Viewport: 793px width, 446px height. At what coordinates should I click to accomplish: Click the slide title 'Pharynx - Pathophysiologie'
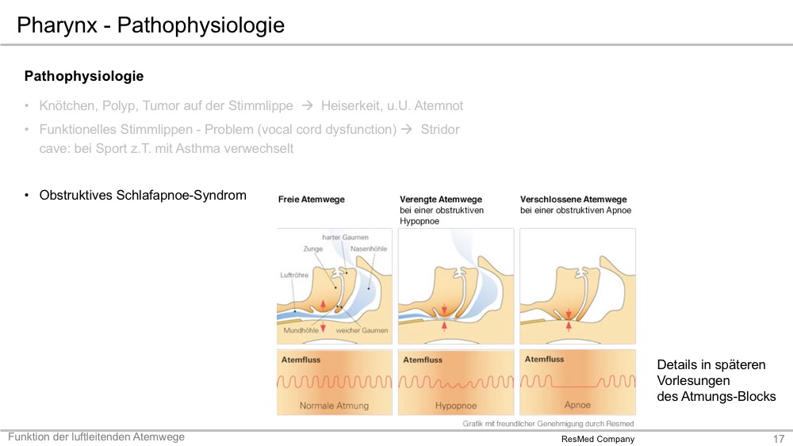151,25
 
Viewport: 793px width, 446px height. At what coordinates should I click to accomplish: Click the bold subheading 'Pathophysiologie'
84,76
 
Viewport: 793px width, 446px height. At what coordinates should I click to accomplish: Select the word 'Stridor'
440,129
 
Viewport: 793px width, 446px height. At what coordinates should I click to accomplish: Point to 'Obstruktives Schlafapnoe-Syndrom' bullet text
143,195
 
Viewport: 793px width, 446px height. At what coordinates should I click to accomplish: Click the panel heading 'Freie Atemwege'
311,200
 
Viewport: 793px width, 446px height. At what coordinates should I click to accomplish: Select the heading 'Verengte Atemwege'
440,200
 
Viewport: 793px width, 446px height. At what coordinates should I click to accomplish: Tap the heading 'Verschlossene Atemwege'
573,200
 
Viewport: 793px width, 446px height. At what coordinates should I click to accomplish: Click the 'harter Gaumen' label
346,237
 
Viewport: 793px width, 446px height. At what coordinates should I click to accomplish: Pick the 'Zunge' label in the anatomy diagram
313,249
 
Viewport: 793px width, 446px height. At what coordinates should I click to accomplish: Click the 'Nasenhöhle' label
369,249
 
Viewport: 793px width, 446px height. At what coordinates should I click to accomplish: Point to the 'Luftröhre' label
294,275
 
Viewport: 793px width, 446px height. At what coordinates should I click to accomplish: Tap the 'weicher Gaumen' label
362,330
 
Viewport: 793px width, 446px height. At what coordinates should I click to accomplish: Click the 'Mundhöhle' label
301,330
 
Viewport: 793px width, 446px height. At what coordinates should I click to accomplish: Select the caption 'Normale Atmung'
335,406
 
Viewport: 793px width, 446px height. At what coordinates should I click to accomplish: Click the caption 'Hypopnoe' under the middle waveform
456,406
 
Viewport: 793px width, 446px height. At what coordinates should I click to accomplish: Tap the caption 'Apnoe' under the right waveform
577,405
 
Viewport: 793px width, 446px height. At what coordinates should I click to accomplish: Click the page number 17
779,439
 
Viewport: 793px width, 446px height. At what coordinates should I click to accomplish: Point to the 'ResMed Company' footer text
598,439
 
